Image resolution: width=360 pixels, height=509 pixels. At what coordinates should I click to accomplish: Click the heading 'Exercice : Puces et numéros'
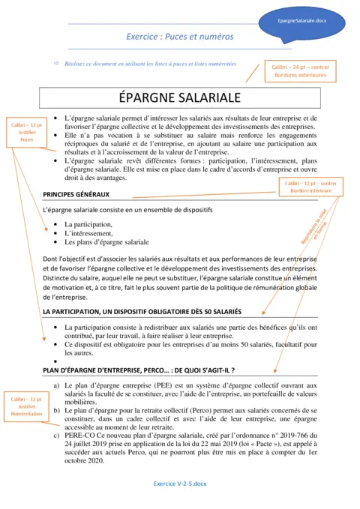click(179, 36)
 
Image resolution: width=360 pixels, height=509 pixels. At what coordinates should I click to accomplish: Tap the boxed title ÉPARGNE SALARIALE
click(180, 99)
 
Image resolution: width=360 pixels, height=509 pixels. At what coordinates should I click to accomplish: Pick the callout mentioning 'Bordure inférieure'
click(307, 187)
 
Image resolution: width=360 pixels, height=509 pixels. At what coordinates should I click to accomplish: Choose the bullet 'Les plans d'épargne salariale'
click(106, 242)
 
